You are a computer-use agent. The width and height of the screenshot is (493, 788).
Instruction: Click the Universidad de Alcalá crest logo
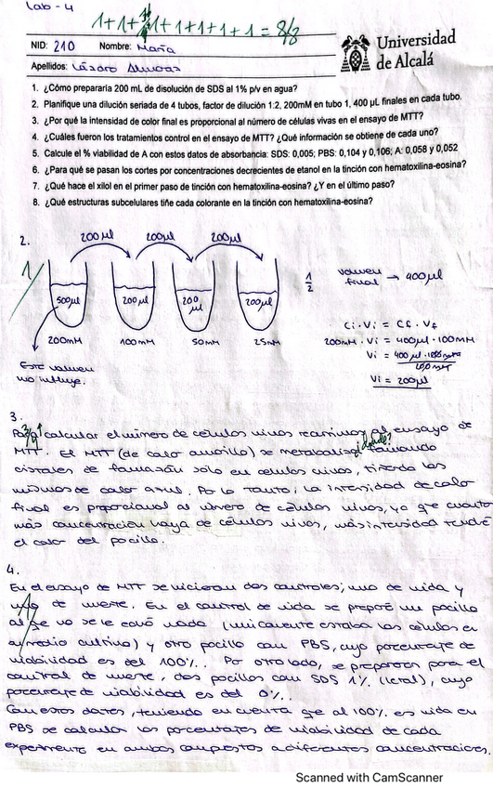click(x=355, y=53)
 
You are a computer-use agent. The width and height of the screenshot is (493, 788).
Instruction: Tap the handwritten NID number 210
click(x=65, y=45)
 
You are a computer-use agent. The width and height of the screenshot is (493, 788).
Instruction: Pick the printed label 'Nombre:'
click(x=114, y=45)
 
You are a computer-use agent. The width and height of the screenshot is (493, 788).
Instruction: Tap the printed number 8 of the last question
click(x=34, y=201)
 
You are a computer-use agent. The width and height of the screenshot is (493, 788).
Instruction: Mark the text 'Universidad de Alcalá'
click(x=416, y=51)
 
